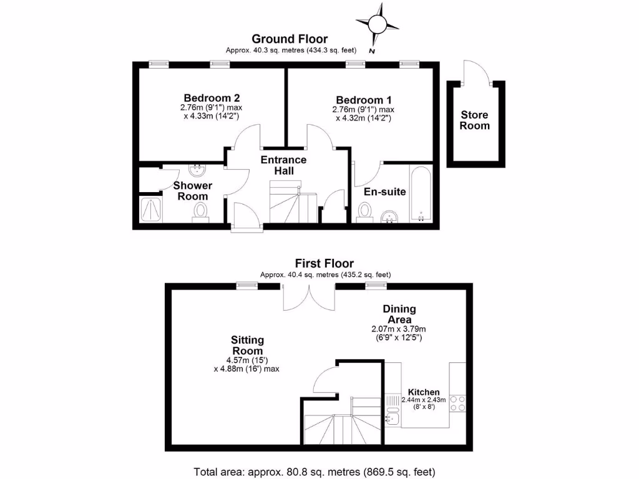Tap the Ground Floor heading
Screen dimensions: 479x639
tap(289, 39)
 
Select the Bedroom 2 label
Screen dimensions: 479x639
tap(212, 98)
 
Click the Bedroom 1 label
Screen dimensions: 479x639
tap(364, 100)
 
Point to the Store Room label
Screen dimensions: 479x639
tap(475, 120)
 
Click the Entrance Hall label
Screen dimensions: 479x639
tap(284, 165)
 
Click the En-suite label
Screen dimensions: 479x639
tap(385, 191)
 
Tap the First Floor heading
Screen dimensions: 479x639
tap(325, 264)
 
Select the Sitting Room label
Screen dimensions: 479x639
tap(247, 345)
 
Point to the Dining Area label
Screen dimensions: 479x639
tap(399, 314)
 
